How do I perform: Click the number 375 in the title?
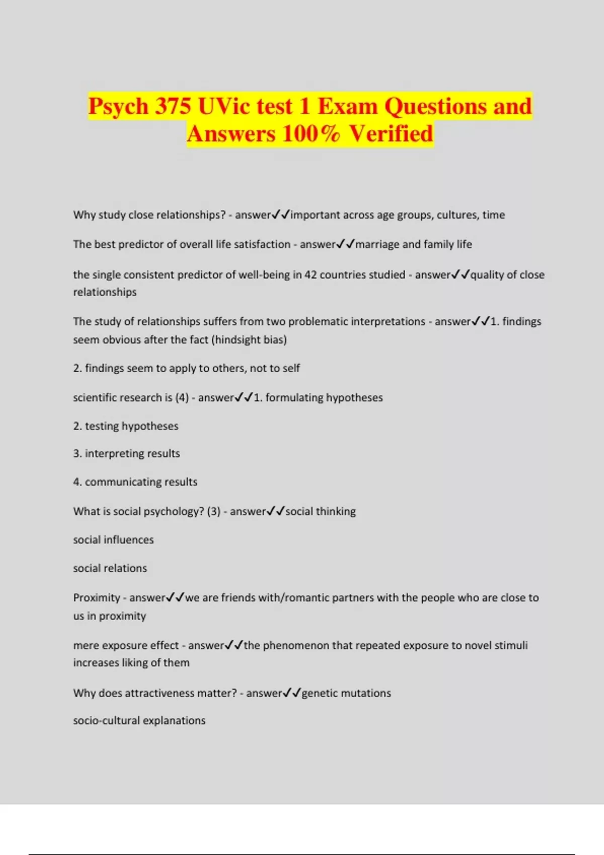click(173, 107)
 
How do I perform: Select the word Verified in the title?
click(391, 134)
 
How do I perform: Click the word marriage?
click(377, 244)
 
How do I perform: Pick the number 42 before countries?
click(311, 275)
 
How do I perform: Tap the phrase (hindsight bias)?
click(249, 339)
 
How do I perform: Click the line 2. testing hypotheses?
click(126, 426)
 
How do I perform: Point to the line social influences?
click(113, 540)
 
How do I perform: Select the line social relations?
click(110, 568)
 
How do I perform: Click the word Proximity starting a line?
click(97, 597)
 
